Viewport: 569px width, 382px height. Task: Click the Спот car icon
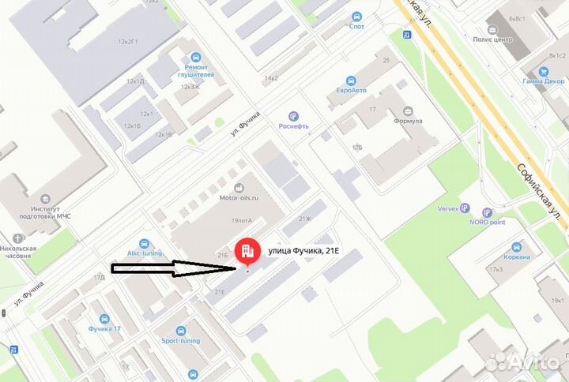357,16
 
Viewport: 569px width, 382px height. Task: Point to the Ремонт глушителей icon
195,57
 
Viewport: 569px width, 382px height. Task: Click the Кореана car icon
517,246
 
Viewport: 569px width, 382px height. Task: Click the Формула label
407,121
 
